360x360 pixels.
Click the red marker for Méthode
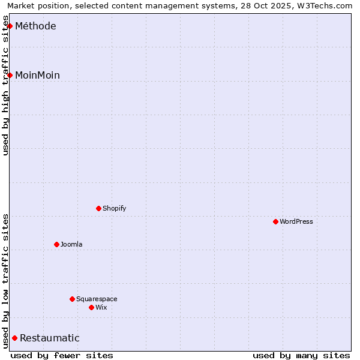[10, 26]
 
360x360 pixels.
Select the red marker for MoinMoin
[10, 75]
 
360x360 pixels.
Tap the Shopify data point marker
[98, 208]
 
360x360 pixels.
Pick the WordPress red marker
[275, 221]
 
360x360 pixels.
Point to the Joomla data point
[56, 244]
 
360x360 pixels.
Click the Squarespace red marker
[72, 299]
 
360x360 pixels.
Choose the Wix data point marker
[91, 307]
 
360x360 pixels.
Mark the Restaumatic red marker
[14, 338]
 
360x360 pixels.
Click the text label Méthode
[35, 26]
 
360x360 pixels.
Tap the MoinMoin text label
[37, 75]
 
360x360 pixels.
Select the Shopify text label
[114, 208]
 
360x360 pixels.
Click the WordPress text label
[296, 221]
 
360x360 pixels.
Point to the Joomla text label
[71, 244]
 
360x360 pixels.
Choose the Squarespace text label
[97, 299]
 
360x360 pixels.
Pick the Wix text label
[101, 307]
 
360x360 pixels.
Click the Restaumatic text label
[49, 338]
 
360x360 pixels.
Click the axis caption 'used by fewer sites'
[62, 355]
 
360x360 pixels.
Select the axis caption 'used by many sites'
[301, 355]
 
